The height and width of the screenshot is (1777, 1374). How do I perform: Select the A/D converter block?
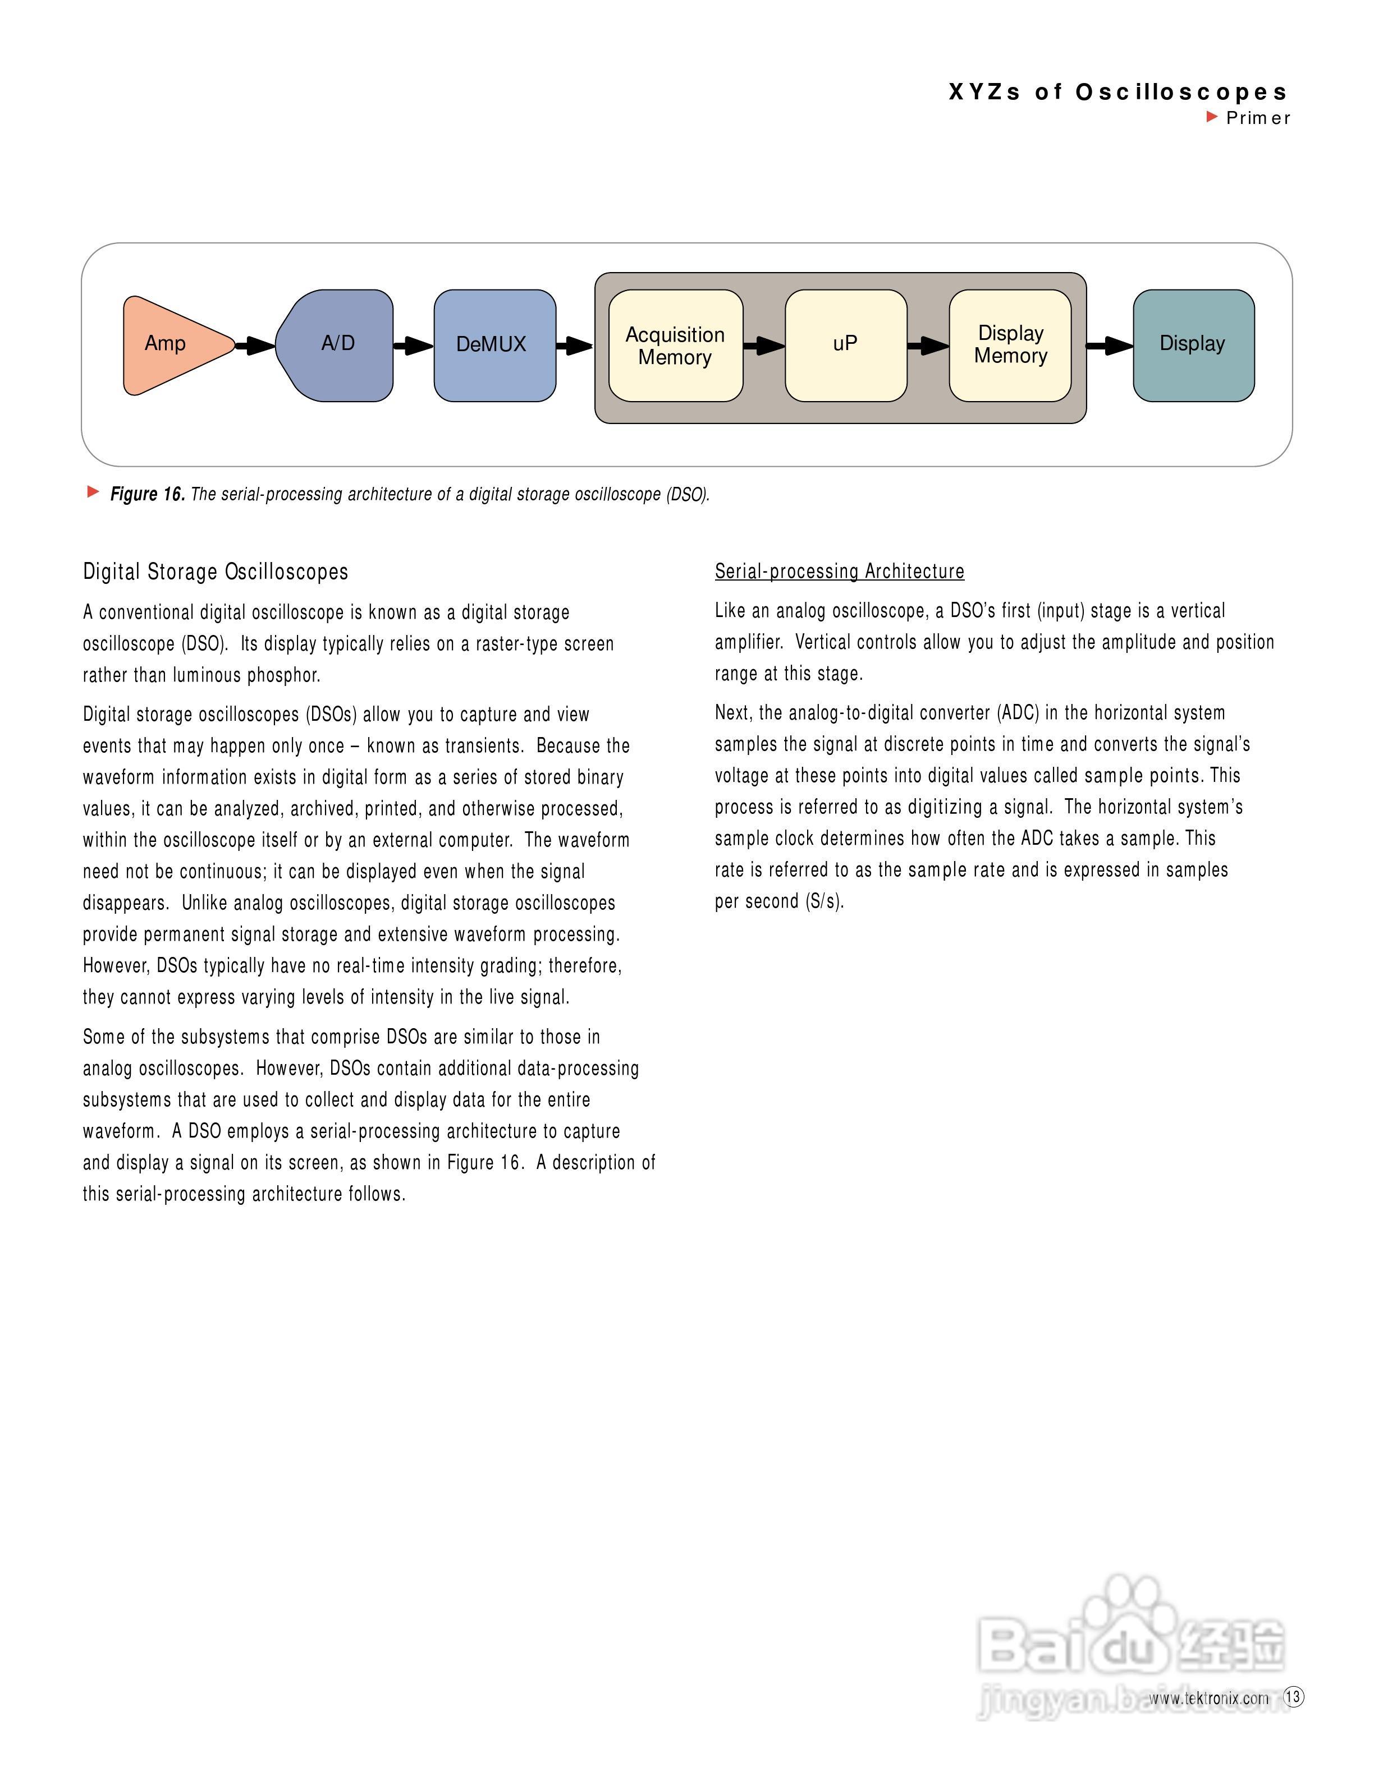pos(336,345)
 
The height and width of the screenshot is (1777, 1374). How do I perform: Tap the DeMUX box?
pos(494,345)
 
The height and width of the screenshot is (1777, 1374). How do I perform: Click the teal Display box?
pos(1193,345)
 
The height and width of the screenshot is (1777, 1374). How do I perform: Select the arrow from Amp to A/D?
pos(255,346)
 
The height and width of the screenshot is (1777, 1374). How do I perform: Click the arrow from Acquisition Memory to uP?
pos(763,346)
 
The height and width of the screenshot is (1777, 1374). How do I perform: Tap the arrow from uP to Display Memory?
pos(928,346)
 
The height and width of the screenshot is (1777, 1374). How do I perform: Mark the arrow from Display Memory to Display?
pos(1110,346)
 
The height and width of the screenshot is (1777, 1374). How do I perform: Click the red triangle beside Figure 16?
pos(94,491)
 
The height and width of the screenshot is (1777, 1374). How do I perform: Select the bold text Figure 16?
pos(147,494)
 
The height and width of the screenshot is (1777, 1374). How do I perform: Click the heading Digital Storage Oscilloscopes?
pos(216,572)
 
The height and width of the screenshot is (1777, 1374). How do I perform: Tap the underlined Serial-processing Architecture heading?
pos(839,571)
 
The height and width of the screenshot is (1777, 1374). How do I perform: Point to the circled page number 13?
pos(1293,1696)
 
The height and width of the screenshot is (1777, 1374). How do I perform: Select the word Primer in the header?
pos(1258,118)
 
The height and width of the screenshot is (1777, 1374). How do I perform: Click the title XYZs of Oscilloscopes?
pos(1117,92)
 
